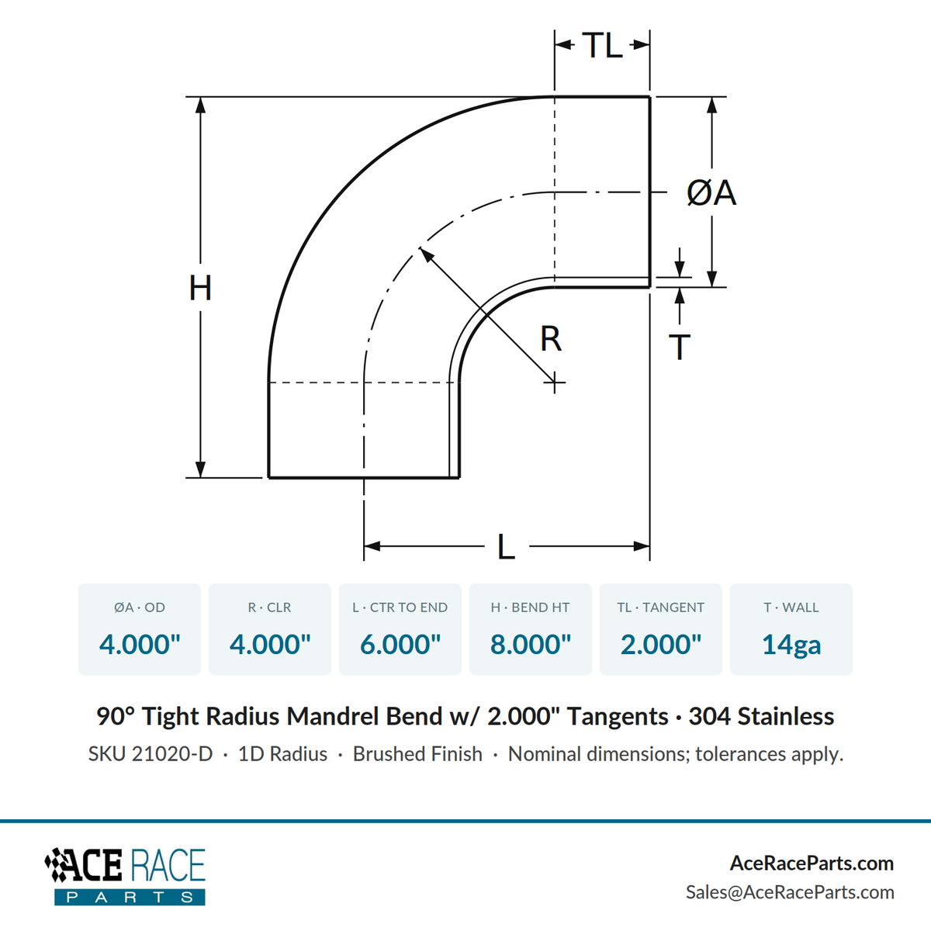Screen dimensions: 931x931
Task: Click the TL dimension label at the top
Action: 603,46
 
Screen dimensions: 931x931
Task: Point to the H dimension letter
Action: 200,288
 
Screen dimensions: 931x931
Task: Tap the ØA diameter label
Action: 711,192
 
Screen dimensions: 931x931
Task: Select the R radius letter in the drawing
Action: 551,339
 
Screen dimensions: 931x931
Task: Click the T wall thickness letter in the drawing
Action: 680,347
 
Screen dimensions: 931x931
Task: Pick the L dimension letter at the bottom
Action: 506,546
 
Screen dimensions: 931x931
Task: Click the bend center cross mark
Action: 555,382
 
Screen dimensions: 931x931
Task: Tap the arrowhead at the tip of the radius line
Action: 426,254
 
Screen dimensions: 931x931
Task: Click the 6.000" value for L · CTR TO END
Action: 400,644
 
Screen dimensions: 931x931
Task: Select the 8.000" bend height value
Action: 531,644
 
